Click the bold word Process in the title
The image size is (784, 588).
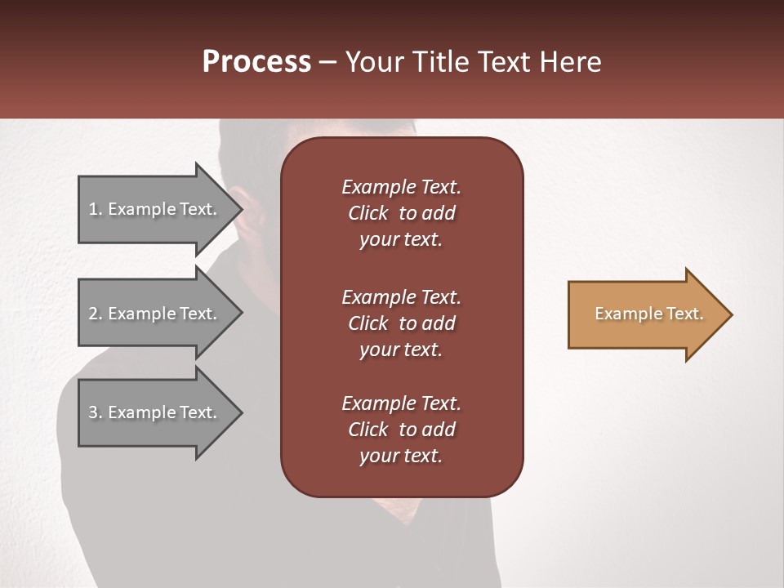pyautogui.click(x=256, y=62)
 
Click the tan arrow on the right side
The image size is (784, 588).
pyautogui.click(x=645, y=314)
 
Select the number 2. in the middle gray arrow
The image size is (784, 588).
pyautogui.click(x=96, y=314)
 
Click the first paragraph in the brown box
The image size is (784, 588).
pyautogui.click(x=401, y=213)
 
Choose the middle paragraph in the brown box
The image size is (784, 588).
pyautogui.click(x=401, y=323)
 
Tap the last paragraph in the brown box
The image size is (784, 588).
pyautogui.click(x=401, y=430)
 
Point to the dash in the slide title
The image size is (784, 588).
pyautogui.click(x=328, y=62)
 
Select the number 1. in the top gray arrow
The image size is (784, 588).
pyautogui.click(x=96, y=209)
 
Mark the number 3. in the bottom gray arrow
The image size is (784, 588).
pyautogui.click(x=96, y=412)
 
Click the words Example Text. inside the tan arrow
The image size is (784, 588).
pyautogui.click(x=648, y=314)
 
